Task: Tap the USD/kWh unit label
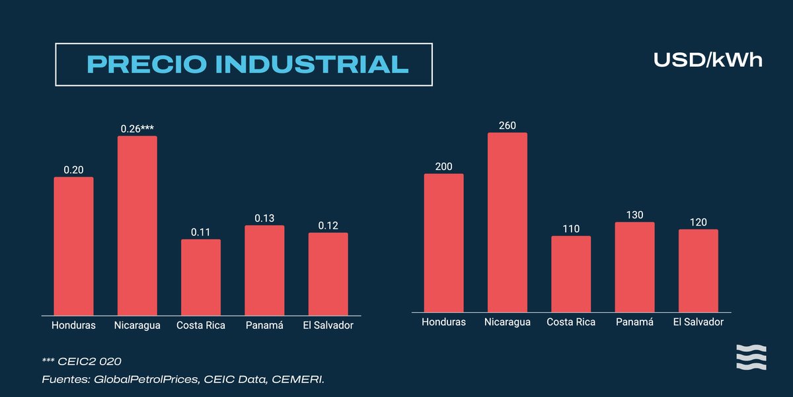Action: click(x=708, y=60)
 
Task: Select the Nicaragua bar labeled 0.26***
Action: click(x=137, y=225)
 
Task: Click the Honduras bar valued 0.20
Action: click(x=73, y=245)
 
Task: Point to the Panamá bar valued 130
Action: click(x=634, y=267)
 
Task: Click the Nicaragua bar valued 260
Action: click(x=508, y=222)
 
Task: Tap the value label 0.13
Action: click(x=264, y=218)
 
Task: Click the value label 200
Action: click(x=444, y=166)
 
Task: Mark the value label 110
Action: click(x=571, y=228)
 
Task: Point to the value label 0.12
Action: click(x=328, y=225)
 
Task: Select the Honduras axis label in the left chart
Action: click(x=73, y=326)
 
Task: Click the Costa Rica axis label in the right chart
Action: click(x=571, y=322)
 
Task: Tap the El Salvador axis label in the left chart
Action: click(x=328, y=326)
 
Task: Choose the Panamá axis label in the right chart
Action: click(x=634, y=322)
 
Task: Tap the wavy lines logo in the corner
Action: click(x=751, y=357)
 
